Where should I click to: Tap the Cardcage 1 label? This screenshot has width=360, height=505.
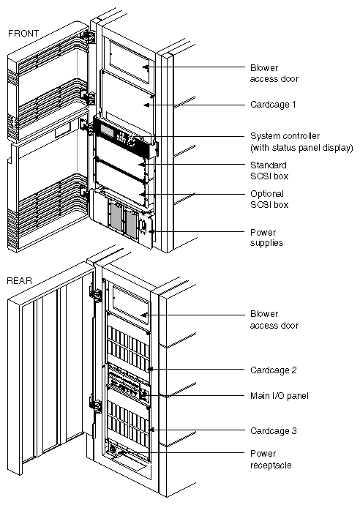[x=273, y=105]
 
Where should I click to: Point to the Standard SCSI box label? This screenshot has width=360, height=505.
[x=269, y=171]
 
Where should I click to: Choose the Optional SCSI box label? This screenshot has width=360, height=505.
[x=269, y=199]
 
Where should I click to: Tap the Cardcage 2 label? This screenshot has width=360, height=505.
[x=273, y=370]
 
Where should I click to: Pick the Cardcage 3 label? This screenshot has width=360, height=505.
[x=273, y=431]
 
